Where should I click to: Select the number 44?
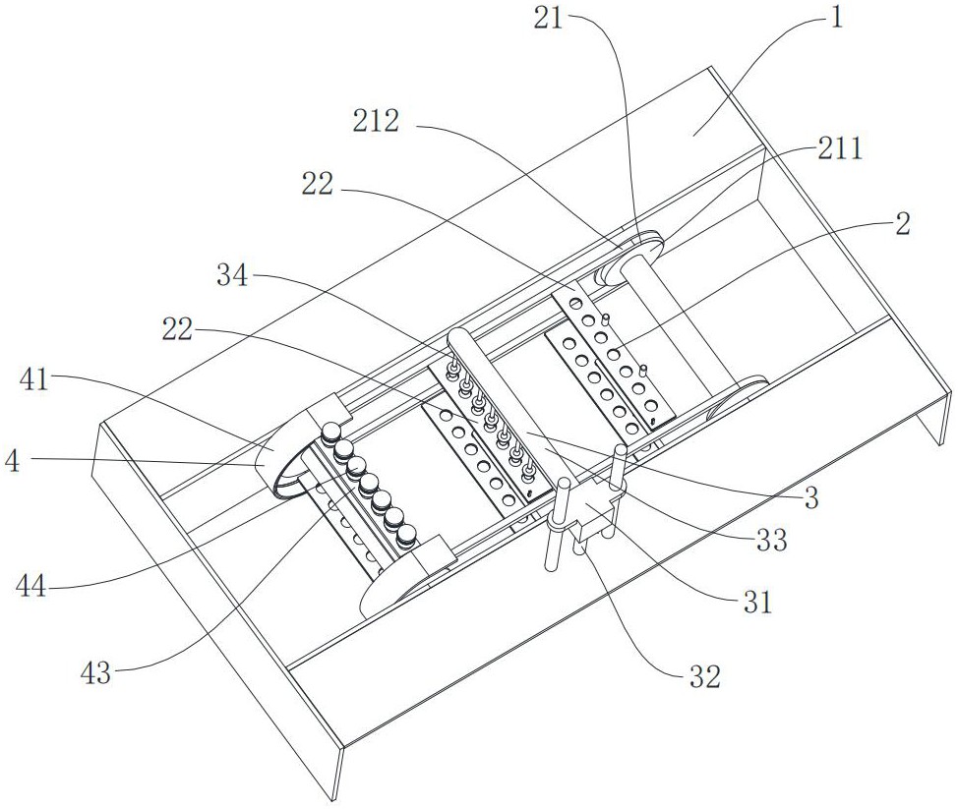(x=34, y=588)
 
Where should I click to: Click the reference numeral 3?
(x=810, y=499)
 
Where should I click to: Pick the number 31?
(x=757, y=602)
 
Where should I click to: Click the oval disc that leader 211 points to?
(x=629, y=261)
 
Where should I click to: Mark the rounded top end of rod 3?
(x=459, y=340)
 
